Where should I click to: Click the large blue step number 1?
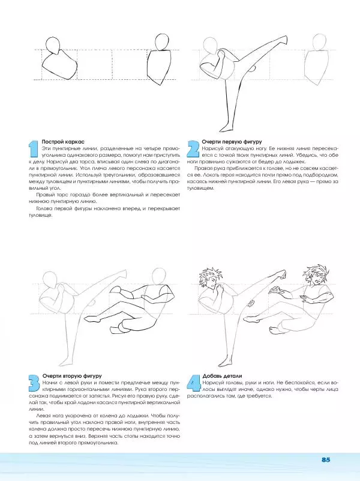[34, 150]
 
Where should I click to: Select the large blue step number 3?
[34, 384]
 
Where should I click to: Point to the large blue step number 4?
[193, 384]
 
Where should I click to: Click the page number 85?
[326, 459]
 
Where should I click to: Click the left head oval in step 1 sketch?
[54, 47]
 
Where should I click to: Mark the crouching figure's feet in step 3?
[116, 329]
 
